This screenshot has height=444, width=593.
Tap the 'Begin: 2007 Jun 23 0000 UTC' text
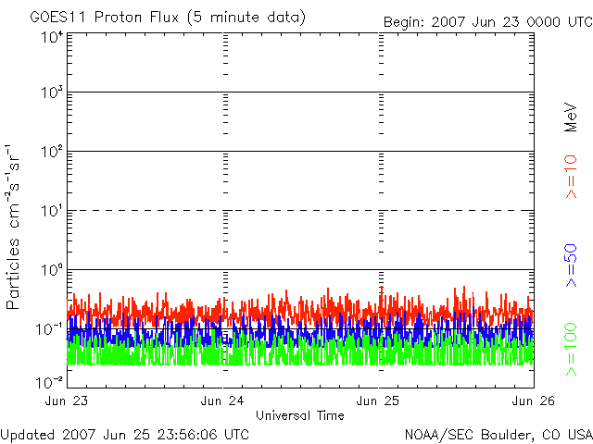[488, 22]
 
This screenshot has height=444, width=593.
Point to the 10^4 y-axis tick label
[52, 38]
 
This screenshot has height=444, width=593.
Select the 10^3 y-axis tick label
[52, 92]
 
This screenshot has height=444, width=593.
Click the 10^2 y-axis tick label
[52, 152]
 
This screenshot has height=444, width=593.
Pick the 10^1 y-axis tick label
[52, 211]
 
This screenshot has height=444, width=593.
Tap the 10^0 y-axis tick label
[52, 270]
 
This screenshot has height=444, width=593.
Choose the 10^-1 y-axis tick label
[49, 329]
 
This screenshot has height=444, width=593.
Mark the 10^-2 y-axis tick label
[49, 383]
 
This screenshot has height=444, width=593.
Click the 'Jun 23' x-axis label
[67, 401]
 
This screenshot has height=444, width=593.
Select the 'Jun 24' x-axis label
[222, 401]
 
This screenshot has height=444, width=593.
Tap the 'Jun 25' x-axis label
[378, 401]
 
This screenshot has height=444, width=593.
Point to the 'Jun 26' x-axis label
[534, 401]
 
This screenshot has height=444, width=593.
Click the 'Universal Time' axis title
[300, 415]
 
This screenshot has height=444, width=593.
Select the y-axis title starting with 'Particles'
[12, 227]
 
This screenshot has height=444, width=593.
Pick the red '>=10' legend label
[572, 177]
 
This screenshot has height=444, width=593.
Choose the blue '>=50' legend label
[572, 265]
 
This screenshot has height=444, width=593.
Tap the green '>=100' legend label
[572, 350]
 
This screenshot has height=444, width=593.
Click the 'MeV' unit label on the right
[572, 117]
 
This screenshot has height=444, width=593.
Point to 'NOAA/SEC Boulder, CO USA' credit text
[498, 435]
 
